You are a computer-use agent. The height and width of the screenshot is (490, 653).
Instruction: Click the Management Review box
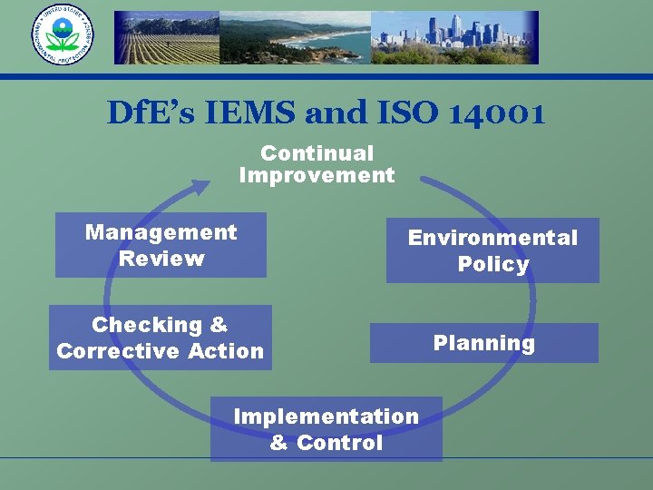tap(161, 245)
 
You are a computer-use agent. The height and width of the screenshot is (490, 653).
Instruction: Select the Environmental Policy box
tap(492, 250)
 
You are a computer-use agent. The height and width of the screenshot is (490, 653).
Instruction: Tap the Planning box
tap(483, 343)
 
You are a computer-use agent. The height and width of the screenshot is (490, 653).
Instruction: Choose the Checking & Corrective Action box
tap(160, 338)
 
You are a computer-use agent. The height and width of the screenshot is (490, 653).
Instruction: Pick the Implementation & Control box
tap(326, 429)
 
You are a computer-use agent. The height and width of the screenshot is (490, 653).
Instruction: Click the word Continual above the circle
tap(317, 154)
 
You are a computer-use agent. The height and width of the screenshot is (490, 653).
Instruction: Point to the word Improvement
tap(317, 175)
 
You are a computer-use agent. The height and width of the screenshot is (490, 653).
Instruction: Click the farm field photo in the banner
tap(167, 39)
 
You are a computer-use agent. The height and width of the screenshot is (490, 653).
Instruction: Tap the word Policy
tap(492, 264)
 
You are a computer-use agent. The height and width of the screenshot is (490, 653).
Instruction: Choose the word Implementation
tap(326, 416)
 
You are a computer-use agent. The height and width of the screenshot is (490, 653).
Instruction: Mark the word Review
tap(161, 259)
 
